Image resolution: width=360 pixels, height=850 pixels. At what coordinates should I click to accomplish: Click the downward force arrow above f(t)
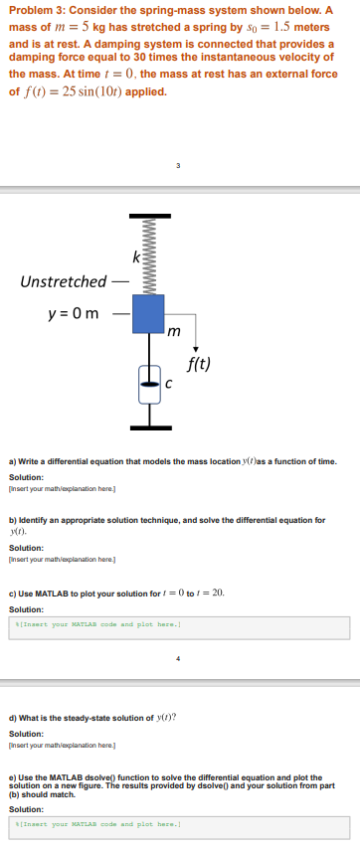[x=197, y=338]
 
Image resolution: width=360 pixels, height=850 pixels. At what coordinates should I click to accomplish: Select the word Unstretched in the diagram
[x=63, y=281]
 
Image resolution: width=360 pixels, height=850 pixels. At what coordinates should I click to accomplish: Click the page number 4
[x=180, y=656]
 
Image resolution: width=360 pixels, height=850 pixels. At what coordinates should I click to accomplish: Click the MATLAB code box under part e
[x=180, y=825]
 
